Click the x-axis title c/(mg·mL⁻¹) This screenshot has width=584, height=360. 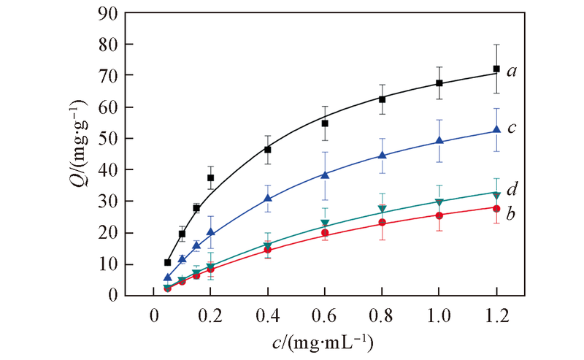click(x=324, y=342)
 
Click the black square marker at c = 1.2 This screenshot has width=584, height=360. click(x=496, y=69)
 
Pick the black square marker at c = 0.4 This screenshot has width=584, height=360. click(x=268, y=150)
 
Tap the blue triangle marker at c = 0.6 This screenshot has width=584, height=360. click(x=325, y=175)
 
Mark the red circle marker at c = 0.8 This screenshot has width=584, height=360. click(x=382, y=222)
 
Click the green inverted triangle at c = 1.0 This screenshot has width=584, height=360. click(x=439, y=202)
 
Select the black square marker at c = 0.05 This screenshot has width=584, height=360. click(x=168, y=262)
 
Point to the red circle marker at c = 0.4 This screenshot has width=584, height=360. click(x=268, y=250)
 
